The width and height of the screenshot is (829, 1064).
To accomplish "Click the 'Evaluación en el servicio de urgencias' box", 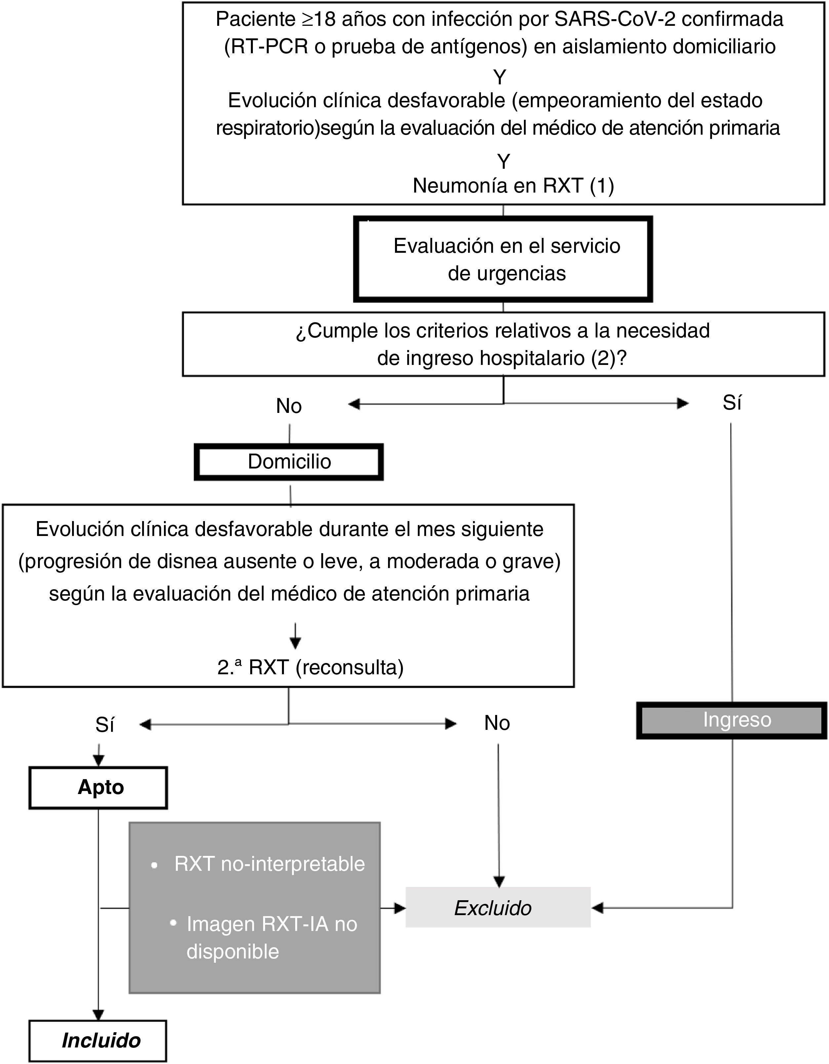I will (x=503, y=259).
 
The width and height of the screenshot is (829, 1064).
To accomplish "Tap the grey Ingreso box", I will (x=731, y=720).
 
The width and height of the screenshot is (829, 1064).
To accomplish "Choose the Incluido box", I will (x=98, y=1041).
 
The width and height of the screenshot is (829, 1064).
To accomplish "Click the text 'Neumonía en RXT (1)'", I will (x=513, y=186).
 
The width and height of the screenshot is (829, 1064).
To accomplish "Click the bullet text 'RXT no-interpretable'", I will (x=269, y=864).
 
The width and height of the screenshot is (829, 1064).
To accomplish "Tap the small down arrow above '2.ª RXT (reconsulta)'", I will (x=295, y=641).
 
